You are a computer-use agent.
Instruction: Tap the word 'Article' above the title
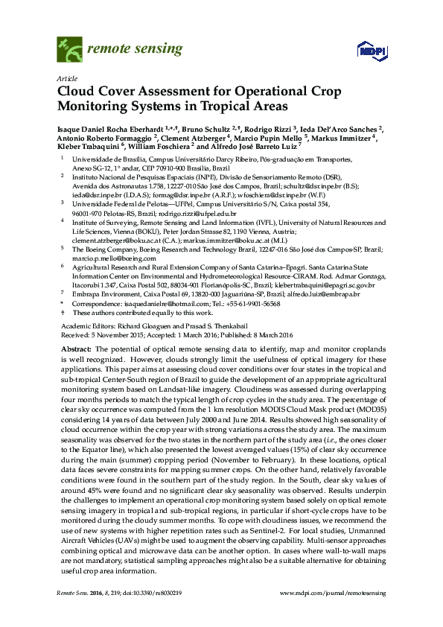click(66, 78)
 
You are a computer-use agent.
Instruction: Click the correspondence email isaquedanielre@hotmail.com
click(156, 304)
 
